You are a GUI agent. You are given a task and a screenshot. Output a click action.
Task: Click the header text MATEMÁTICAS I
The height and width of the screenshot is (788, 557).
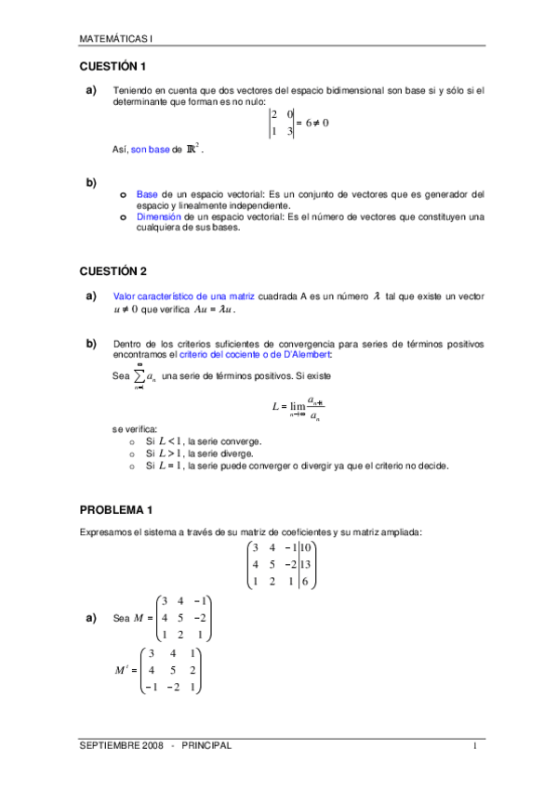(x=116, y=39)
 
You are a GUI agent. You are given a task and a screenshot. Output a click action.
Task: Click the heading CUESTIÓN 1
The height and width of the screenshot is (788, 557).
(x=113, y=67)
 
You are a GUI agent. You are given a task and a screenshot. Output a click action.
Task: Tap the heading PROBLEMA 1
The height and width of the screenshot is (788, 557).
(x=116, y=510)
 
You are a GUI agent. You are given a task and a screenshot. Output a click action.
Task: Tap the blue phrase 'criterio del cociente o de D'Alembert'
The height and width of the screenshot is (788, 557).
(x=249, y=354)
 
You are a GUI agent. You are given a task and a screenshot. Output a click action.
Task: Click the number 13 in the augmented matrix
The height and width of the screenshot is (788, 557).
(x=307, y=564)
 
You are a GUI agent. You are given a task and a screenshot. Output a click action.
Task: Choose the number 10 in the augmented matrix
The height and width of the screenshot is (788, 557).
(x=308, y=547)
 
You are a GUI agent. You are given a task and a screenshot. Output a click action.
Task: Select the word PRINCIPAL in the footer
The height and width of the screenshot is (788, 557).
(x=206, y=745)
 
